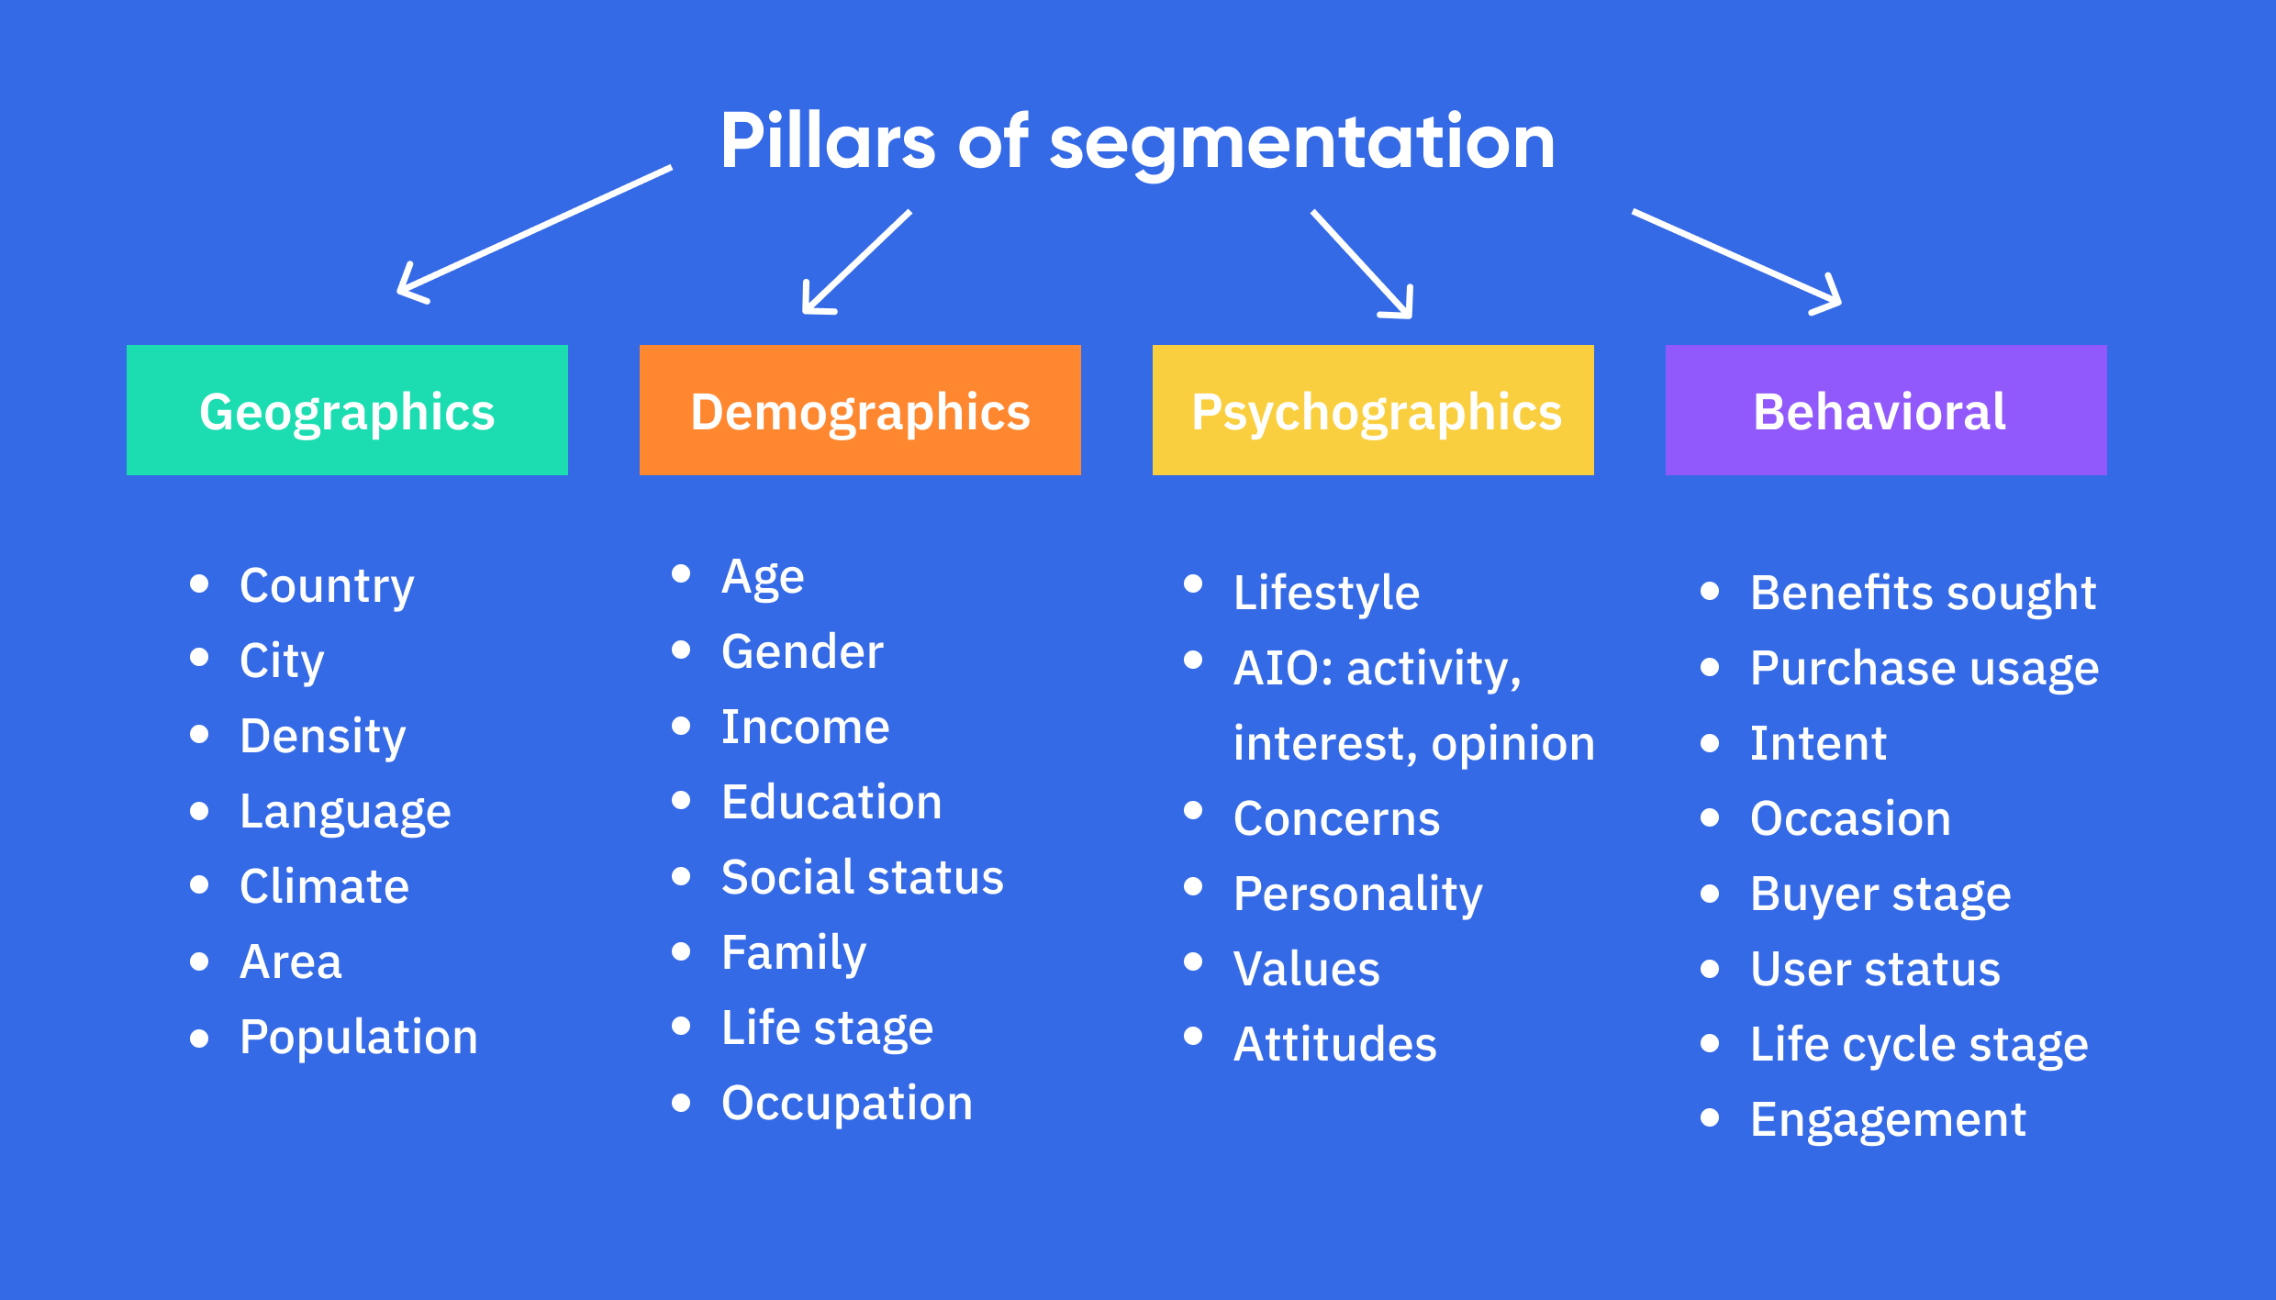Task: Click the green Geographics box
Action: pos(347,410)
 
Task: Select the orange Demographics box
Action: pos(860,410)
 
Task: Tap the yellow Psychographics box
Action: pos(1373,410)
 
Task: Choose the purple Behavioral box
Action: pos(1886,410)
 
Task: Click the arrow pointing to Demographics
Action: pos(856,262)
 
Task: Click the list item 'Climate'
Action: pos(324,886)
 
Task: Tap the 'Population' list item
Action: pos(359,1037)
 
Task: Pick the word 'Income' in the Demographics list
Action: pos(805,727)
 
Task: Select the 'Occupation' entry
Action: pos(846,1103)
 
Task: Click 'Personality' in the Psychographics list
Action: pos(1357,894)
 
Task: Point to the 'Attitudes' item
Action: pos(1334,1044)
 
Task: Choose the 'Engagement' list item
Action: pos(1888,1119)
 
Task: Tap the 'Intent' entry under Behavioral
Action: pos(1818,743)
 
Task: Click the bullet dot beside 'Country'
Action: pos(199,583)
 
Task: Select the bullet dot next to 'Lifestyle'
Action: pos(1193,583)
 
